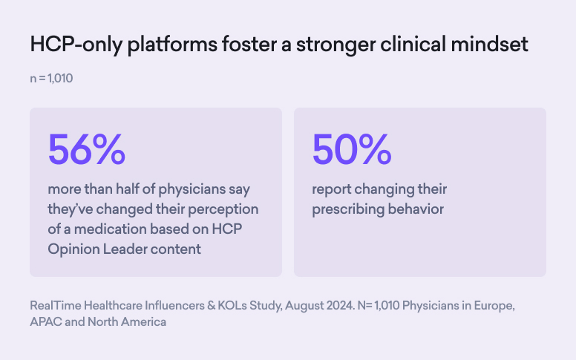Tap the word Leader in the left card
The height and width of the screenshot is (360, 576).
click(127, 249)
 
